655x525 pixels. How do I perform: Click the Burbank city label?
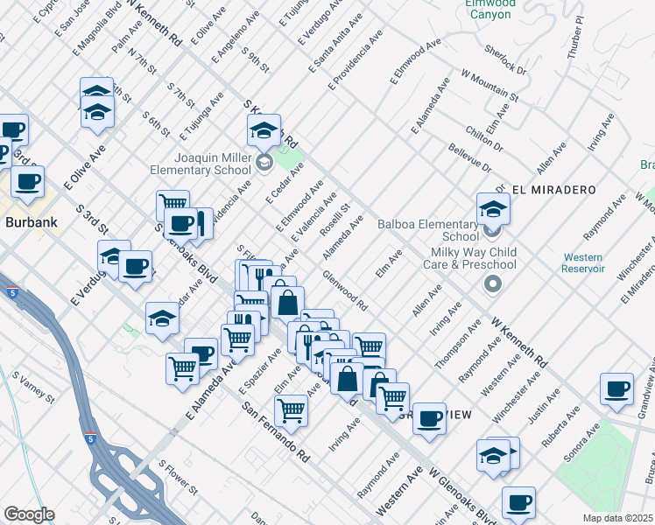[x=32, y=222]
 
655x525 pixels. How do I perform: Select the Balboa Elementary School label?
[x=428, y=230]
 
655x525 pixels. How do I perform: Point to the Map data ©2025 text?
[x=618, y=518]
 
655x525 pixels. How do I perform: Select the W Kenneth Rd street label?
[x=520, y=340]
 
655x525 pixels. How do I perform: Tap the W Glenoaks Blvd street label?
[x=464, y=495]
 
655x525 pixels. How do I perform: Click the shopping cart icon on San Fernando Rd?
[x=291, y=409]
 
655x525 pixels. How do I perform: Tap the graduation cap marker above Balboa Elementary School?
[x=493, y=210]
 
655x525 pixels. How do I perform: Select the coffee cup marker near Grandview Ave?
[x=616, y=389]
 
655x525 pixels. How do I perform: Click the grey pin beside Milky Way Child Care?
[x=492, y=284]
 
